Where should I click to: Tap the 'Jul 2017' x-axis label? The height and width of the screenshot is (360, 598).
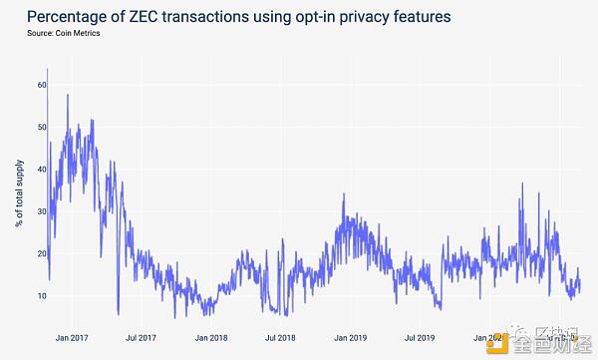140,338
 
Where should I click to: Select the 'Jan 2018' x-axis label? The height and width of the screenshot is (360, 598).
211,338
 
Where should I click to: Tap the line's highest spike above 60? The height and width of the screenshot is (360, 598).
48,70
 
